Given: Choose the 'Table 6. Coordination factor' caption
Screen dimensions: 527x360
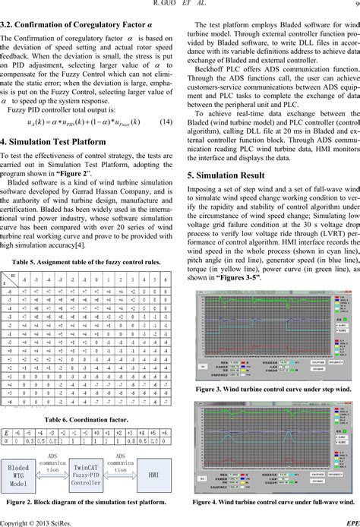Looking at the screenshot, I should pyautogui.click(x=90, y=418).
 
